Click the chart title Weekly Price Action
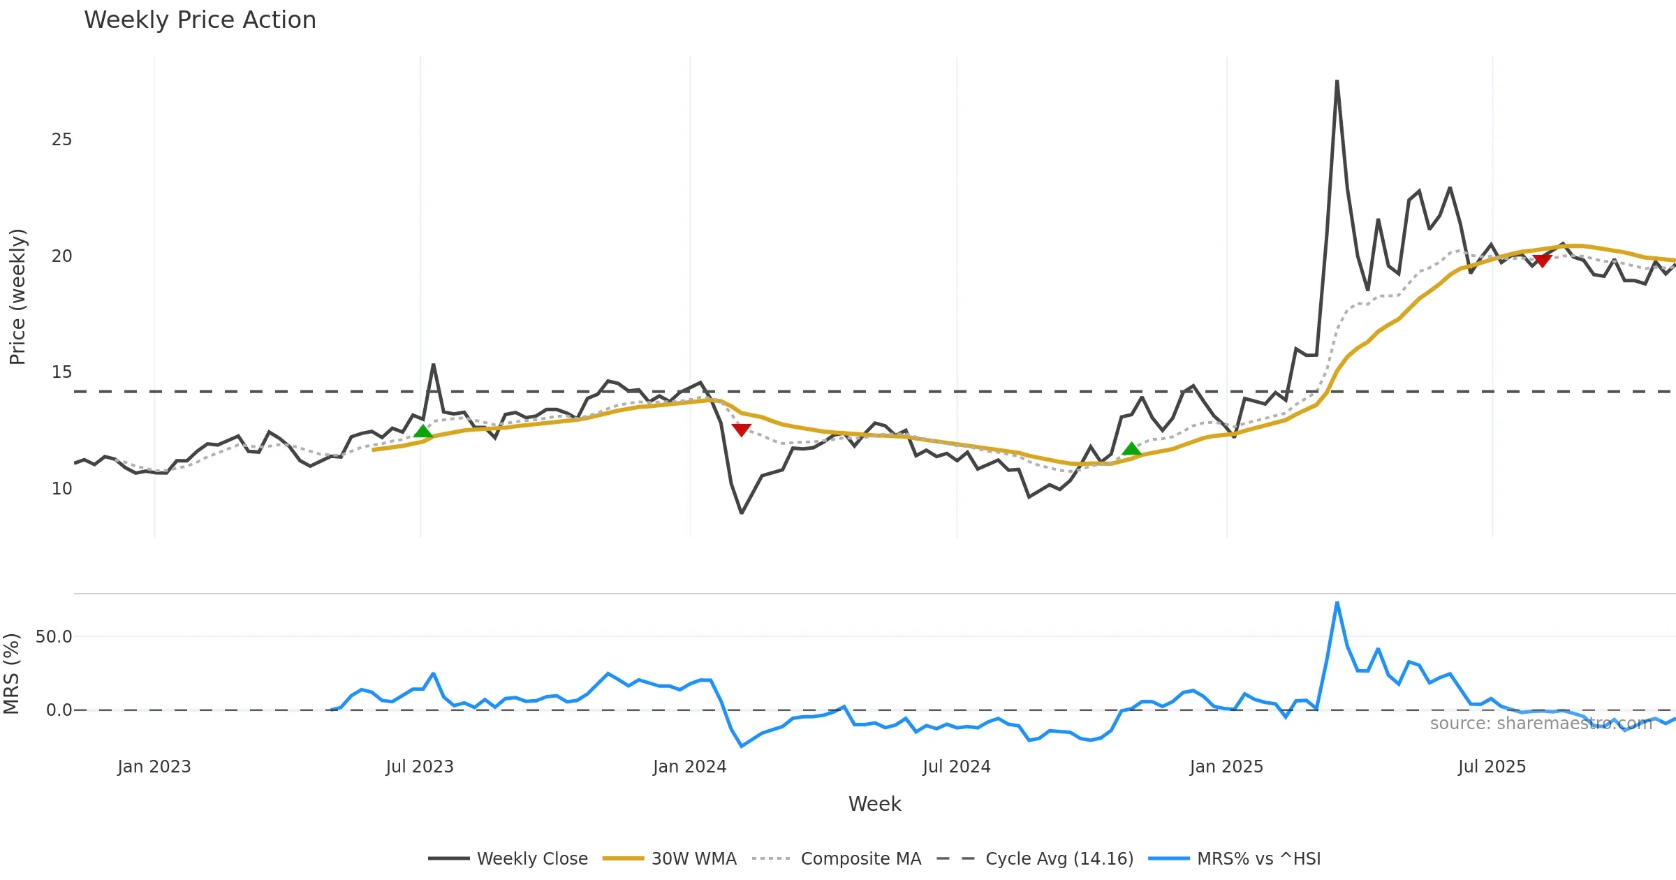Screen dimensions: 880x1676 (200, 20)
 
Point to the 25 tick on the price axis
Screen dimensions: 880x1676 (61, 140)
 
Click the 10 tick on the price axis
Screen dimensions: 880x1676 (61, 489)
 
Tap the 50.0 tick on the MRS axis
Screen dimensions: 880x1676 (54, 636)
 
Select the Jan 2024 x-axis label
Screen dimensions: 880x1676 (689, 767)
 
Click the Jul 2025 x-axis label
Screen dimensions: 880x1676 (1492, 767)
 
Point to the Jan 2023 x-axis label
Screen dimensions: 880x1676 (154, 767)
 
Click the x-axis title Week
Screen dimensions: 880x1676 (874, 804)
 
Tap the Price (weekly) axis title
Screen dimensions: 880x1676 (17, 297)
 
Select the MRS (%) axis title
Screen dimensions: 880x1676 (11, 673)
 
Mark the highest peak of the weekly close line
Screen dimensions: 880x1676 (1337, 81)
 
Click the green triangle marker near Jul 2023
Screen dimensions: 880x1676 (423, 432)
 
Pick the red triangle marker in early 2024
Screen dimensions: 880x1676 (741, 429)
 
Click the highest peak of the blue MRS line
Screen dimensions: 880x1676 (1337, 602)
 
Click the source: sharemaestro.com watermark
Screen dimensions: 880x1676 (1541, 724)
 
